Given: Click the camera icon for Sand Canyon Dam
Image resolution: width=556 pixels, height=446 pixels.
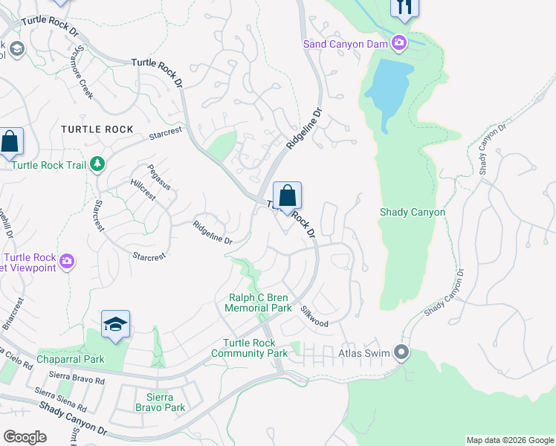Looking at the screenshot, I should click(x=399, y=43).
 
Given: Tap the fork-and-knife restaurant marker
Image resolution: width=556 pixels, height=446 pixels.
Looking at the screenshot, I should click(x=404, y=7).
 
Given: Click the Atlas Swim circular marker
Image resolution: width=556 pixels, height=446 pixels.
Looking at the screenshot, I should click(x=402, y=352).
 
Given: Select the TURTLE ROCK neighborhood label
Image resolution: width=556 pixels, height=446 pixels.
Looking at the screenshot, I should click(x=97, y=129).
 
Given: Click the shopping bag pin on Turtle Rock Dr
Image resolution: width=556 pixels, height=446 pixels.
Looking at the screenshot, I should click(x=288, y=197).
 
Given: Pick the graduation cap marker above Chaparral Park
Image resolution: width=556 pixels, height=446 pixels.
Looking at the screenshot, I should click(x=116, y=324).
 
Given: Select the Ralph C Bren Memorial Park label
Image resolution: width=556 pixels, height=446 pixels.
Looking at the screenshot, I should click(x=259, y=303).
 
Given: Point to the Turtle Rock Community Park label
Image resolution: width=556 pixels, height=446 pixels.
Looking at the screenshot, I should click(x=253, y=348).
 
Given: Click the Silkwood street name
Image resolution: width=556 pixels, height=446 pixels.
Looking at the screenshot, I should click(x=314, y=316).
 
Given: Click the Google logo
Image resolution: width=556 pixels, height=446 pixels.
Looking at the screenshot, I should click(x=25, y=437).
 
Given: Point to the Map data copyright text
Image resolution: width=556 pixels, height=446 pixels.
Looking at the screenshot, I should click(x=509, y=440).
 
